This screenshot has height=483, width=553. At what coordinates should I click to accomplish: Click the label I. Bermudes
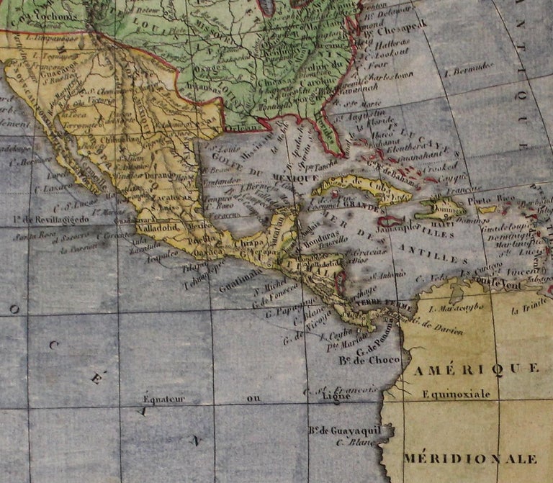pyautogui.click(x=469, y=68)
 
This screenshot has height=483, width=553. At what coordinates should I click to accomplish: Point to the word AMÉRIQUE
pyautogui.click(x=476, y=369)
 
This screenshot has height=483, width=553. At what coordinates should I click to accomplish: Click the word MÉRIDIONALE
pyautogui.click(x=470, y=458)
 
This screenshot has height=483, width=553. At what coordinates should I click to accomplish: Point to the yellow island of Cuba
pyautogui.click(x=360, y=189)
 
